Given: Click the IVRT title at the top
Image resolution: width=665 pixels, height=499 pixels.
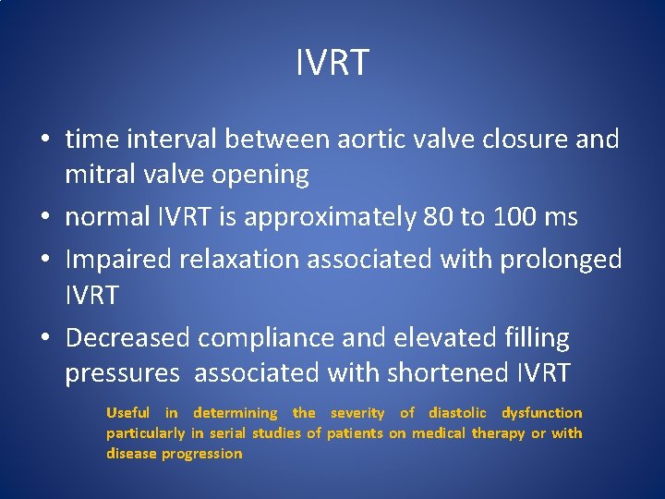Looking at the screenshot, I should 332,63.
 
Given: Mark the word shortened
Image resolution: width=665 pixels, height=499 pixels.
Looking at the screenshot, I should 441,373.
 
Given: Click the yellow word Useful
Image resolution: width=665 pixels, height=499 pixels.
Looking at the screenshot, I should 127,413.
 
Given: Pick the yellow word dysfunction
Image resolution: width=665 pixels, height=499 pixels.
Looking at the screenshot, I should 541,414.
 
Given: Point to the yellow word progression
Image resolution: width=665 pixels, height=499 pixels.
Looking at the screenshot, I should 201,454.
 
